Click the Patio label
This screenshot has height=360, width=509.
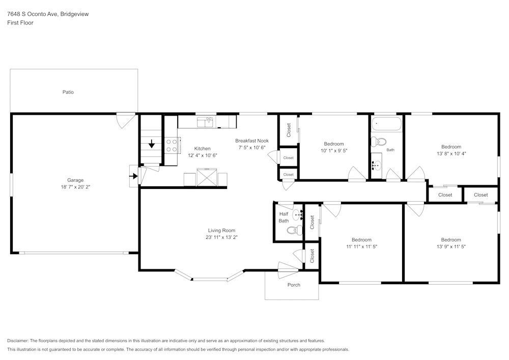click(x=68, y=92)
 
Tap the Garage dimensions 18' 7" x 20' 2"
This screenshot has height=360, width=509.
click(x=75, y=187)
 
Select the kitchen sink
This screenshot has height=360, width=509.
click(x=205, y=122)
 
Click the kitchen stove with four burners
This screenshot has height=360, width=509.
click(x=172, y=146)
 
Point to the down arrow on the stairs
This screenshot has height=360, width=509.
click(x=152, y=144)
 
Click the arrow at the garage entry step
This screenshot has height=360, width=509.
click(x=133, y=176)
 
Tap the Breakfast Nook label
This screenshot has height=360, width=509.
click(x=252, y=141)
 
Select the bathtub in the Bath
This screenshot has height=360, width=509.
click(x=386, y=124)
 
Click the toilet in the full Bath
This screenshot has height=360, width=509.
click(x=379, y=142)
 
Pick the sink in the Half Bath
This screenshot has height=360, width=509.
click(x=298, y=214)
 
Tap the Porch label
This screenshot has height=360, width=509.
click(x=294, y=285)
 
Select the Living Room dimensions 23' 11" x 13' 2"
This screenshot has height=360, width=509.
click(x=222, y=237)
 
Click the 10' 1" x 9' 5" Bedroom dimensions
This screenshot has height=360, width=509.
click(x=334, y=151)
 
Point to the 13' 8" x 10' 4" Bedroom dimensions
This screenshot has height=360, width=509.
click(x=451, y=154)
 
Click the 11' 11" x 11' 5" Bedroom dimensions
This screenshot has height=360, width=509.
click(x=361, y=247)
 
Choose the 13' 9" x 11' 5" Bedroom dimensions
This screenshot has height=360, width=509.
click(x=451, y=247)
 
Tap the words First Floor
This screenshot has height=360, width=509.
click(x=20, y=23)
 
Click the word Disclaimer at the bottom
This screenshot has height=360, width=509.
click(x=17, y=341)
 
